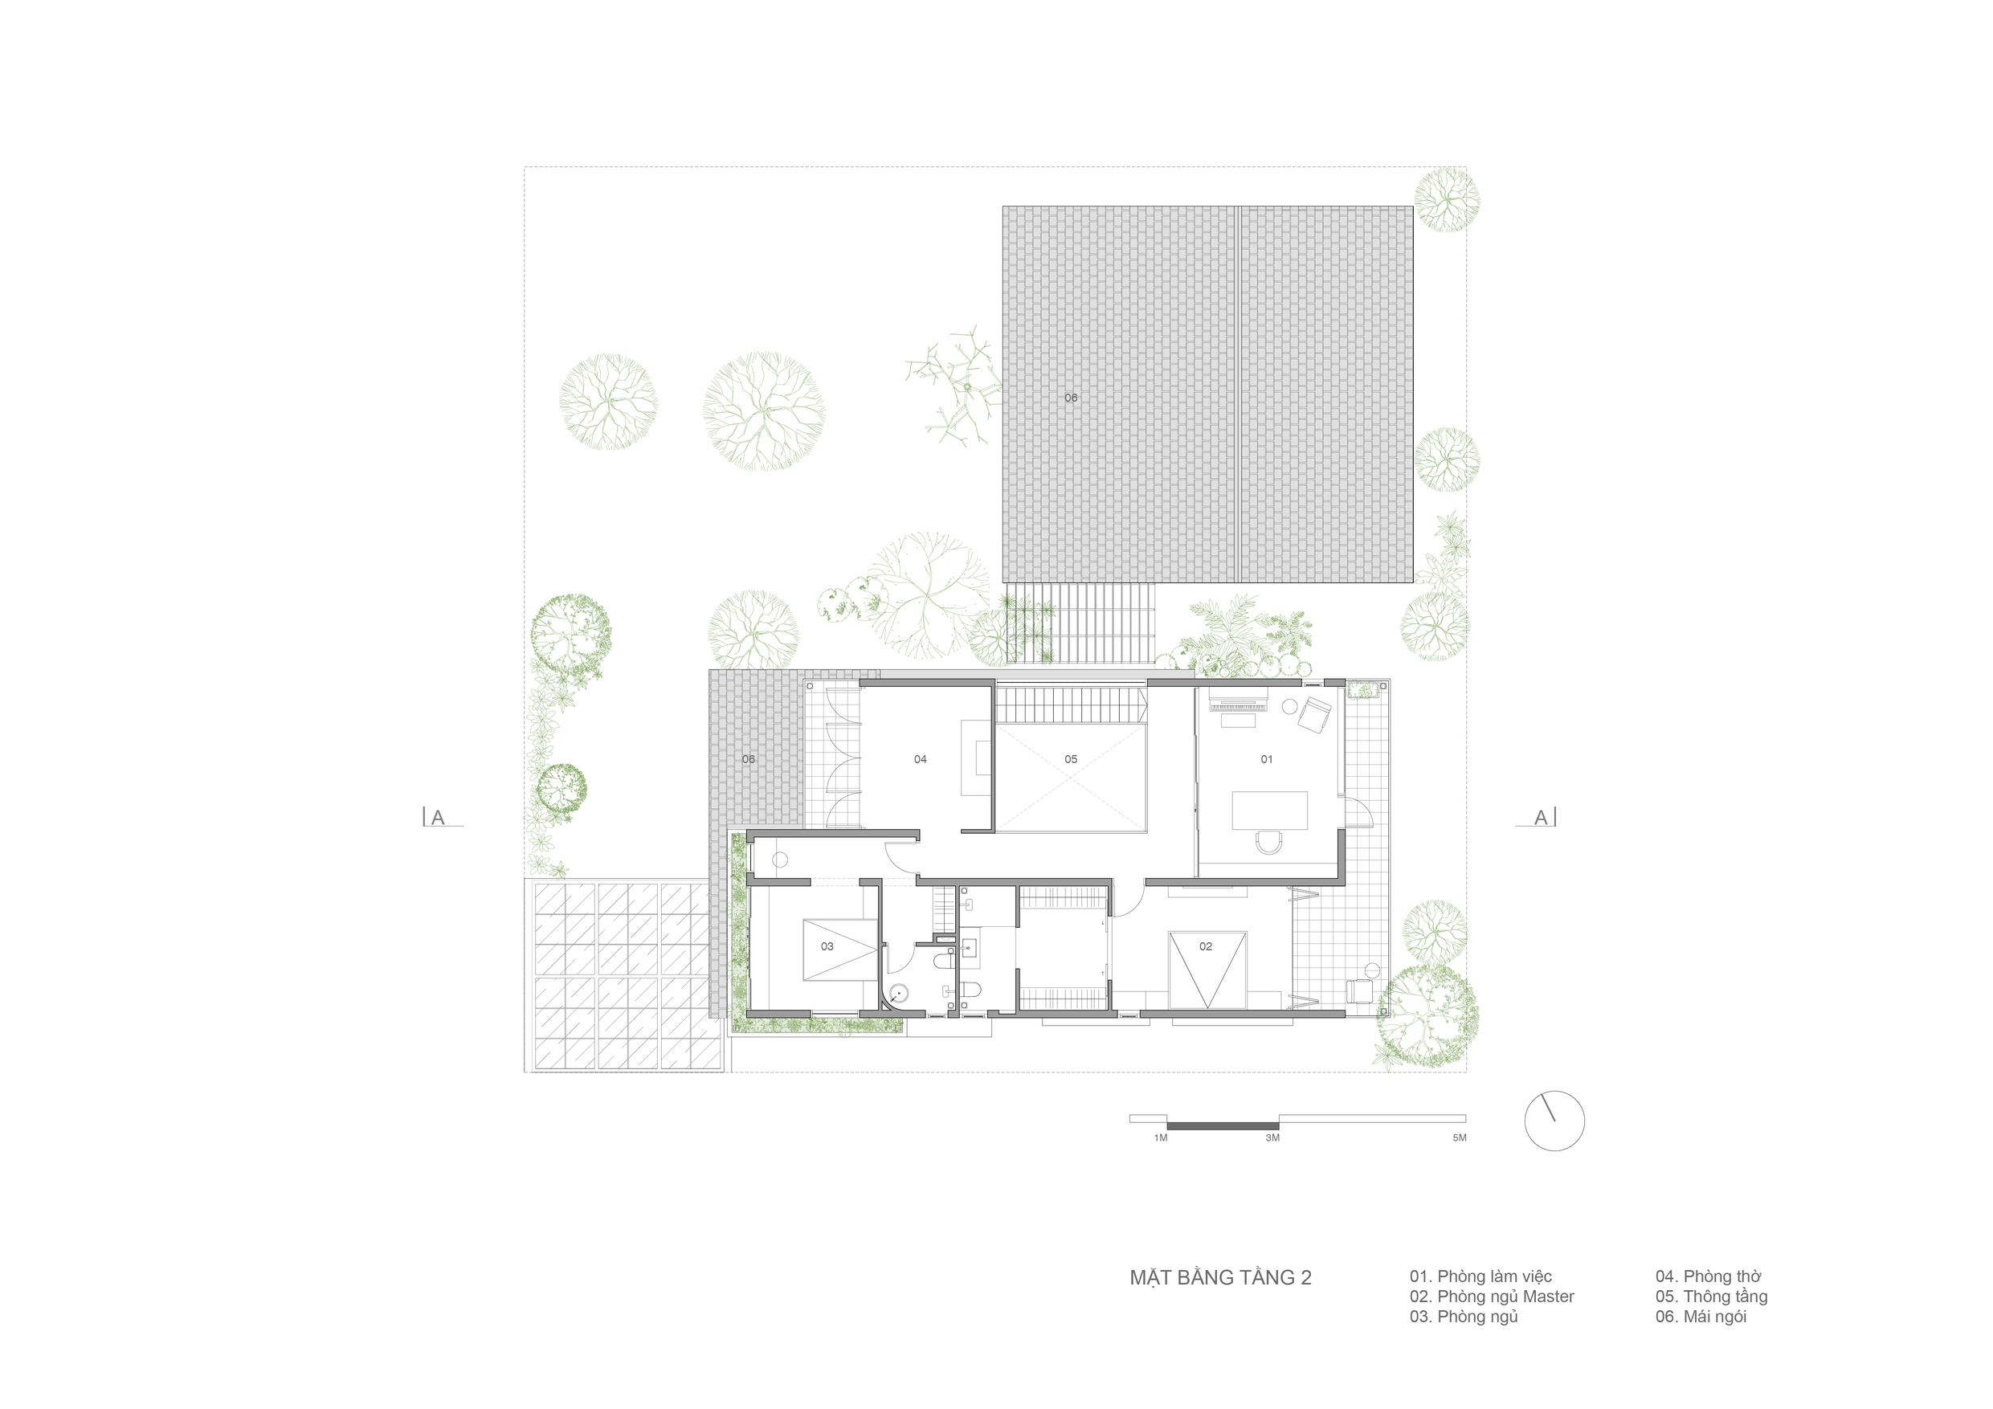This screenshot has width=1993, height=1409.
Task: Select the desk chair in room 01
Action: tap(1268, 840)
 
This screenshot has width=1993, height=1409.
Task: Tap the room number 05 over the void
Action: tap(1070, 760)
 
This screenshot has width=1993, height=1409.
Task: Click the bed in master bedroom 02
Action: tap(1207, 970)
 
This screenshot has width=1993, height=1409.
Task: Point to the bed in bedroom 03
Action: tap(839, 949)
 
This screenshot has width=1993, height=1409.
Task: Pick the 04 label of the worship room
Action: tap(920, 760)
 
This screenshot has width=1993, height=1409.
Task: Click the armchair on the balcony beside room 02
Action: tap(1358, 990)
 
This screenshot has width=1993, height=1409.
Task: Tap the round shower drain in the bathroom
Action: tap(899, 993)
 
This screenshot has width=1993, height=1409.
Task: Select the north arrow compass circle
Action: tap(1554, 1121)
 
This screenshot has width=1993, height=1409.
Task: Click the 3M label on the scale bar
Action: tap(1272, 1137)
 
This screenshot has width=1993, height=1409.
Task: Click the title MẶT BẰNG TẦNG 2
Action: tap(1220, 1277)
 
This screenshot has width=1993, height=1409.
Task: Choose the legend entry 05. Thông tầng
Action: tap(1711, 1297)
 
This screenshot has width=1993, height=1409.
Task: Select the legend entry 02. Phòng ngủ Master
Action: tap(1491, 1297)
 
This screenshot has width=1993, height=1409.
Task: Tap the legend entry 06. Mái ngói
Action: tap(1701, 1316)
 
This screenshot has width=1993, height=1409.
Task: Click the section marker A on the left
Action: tap(438, 817)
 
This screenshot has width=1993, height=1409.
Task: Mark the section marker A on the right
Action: tap(1541, 817)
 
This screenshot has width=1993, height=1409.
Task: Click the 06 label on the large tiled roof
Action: tap(1070, 398)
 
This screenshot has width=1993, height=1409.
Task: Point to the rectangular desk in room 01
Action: tap(1269, 810)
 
